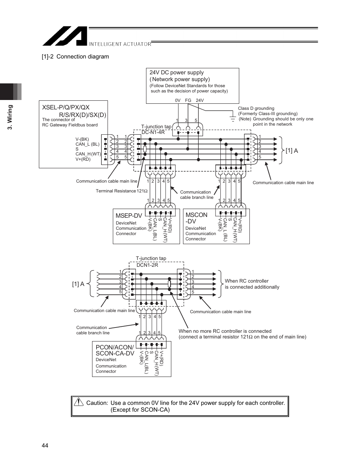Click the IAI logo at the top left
click(65, 36)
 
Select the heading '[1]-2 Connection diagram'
click(75, 57)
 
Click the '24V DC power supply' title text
click(176, 72)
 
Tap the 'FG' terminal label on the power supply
click(188, 100)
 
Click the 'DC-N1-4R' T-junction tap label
click(153, 132)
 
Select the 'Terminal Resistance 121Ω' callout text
click(121, 191)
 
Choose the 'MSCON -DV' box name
click(196, 218)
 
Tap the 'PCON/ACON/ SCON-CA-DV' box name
click(115, 350)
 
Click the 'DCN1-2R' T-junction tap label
click(147, 265)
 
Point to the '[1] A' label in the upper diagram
click(292, 151)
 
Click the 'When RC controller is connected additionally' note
click(252, 284)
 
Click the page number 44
click(45, 446)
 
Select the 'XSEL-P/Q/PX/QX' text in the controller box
click(66, 107)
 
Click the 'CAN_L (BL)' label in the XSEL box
click(87, 144)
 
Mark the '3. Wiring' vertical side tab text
click(11, 117)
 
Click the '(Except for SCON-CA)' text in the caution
click(140, 410)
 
